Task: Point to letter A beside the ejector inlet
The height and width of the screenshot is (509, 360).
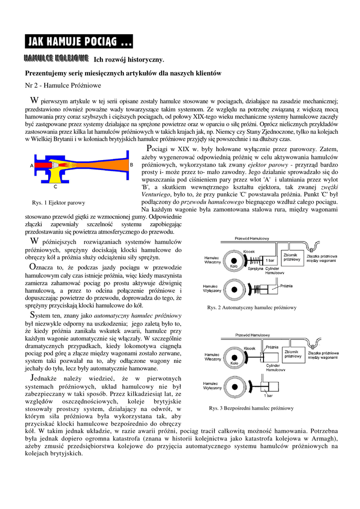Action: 31,165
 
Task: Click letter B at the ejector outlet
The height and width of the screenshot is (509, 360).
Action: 131,164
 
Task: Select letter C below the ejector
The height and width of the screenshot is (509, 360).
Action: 55,187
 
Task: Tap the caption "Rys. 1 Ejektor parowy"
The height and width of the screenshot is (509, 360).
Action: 58,202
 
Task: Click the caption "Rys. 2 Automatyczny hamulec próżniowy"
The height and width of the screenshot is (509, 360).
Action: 251,308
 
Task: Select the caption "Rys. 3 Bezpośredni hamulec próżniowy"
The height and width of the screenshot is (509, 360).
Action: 251,408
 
